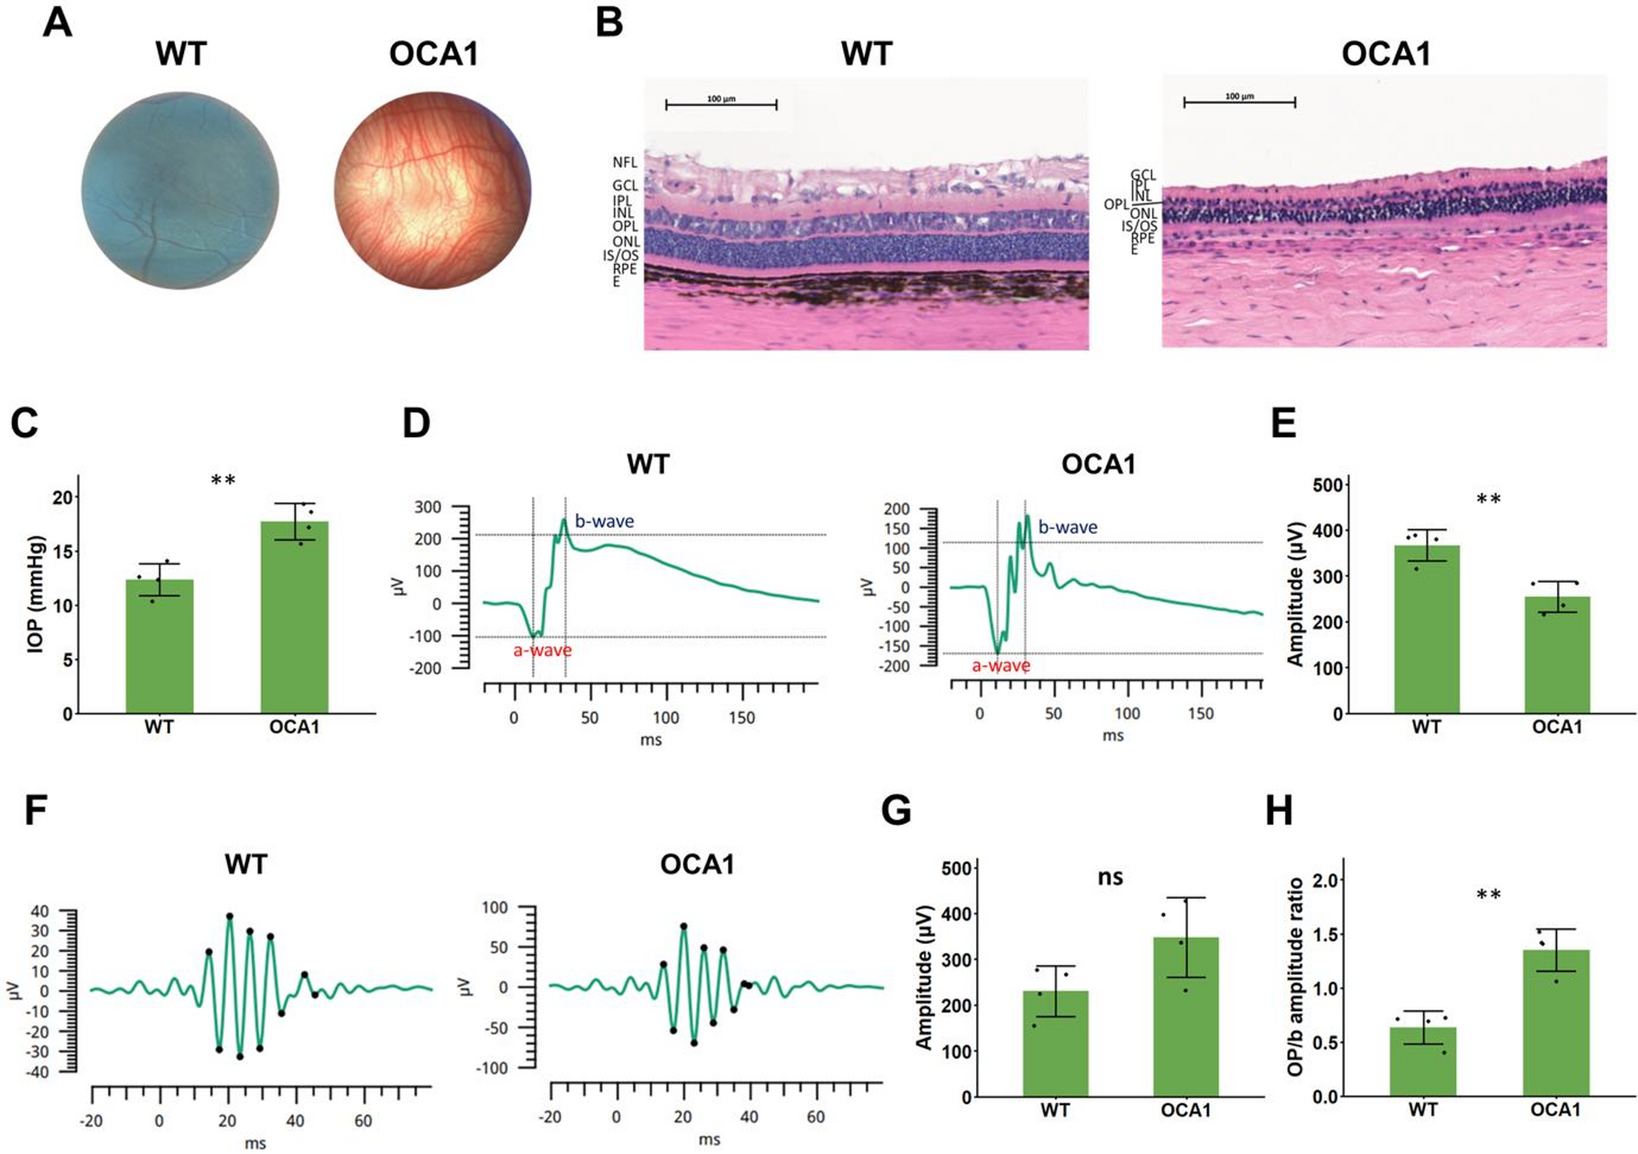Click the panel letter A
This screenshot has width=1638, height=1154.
click(x=57, y=23)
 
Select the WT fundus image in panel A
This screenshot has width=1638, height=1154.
click(x=180, y=191)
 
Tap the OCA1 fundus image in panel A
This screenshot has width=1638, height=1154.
click(x=433, y=191)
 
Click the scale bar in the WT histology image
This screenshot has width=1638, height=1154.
click(x=721, y=105)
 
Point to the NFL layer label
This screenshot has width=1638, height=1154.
click(x=624, y=163)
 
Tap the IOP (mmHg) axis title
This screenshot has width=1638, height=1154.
click(x=37, y=594)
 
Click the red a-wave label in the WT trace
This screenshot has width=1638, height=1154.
click(x=542, y=651)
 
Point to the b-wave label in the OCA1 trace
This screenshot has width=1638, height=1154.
click(x=1068, y=527)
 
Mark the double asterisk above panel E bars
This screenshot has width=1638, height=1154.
click(x=1488, y=500)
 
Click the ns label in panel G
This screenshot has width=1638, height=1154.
click(x=1110, y=877)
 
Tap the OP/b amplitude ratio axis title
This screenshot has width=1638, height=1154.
click(x=1296, y=976)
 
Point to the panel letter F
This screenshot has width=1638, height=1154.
click(x=36, y=810)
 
